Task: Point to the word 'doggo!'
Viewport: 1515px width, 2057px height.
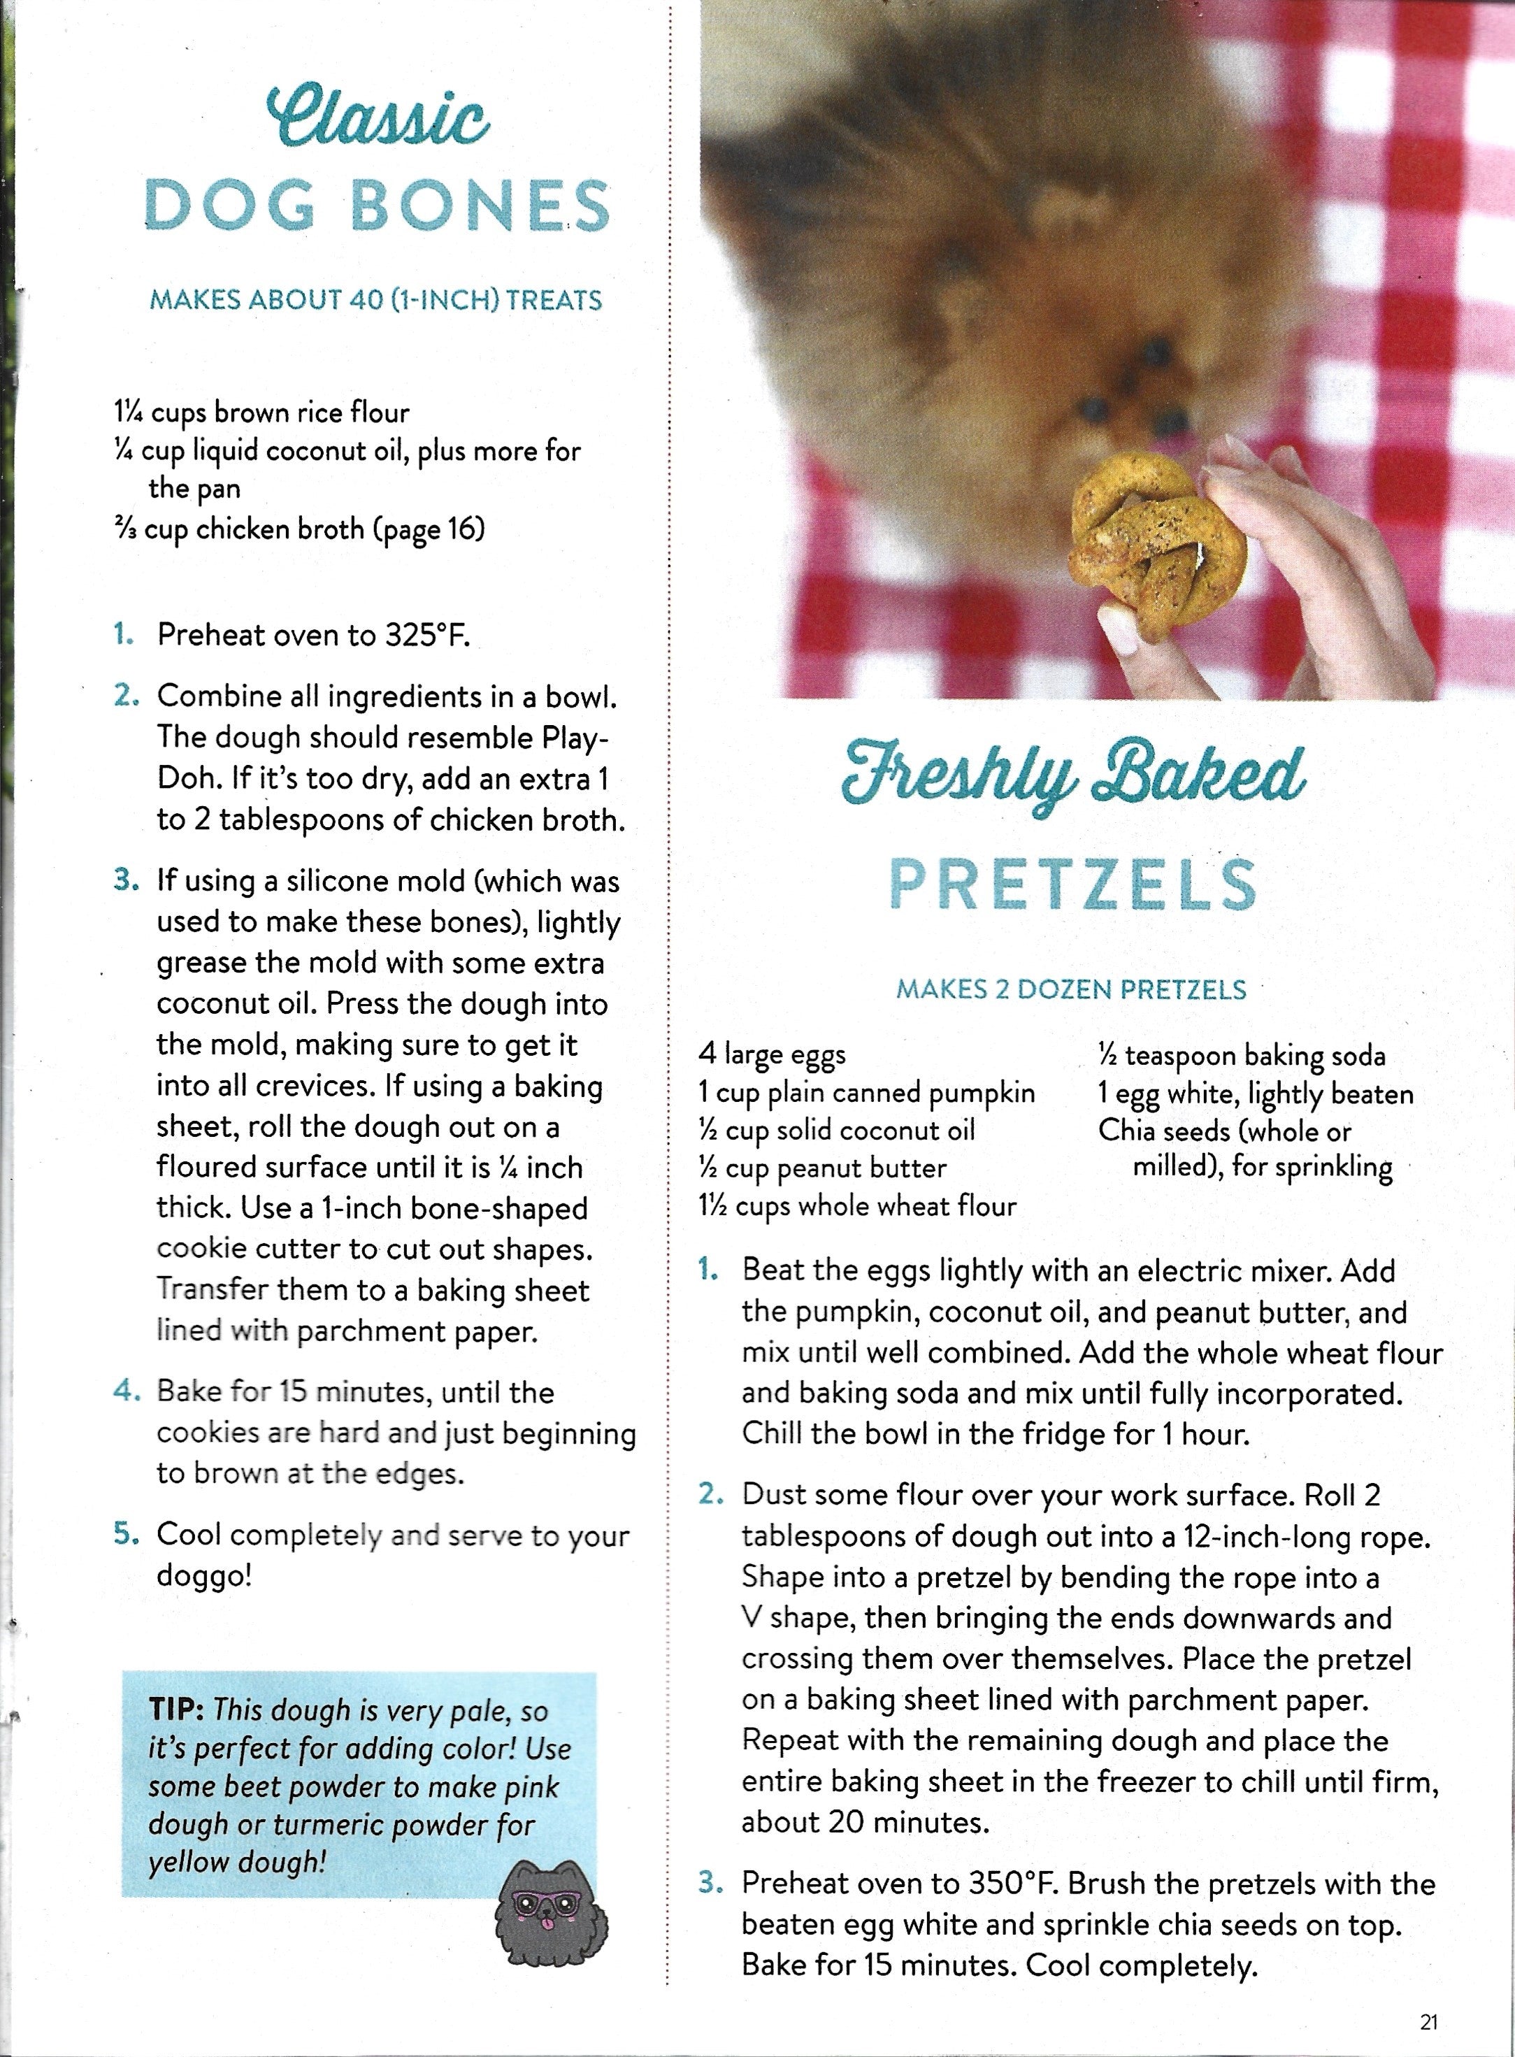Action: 203,1577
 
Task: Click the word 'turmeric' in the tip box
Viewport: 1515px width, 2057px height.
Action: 330,1824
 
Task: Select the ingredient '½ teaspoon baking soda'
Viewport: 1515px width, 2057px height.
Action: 1242,1056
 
